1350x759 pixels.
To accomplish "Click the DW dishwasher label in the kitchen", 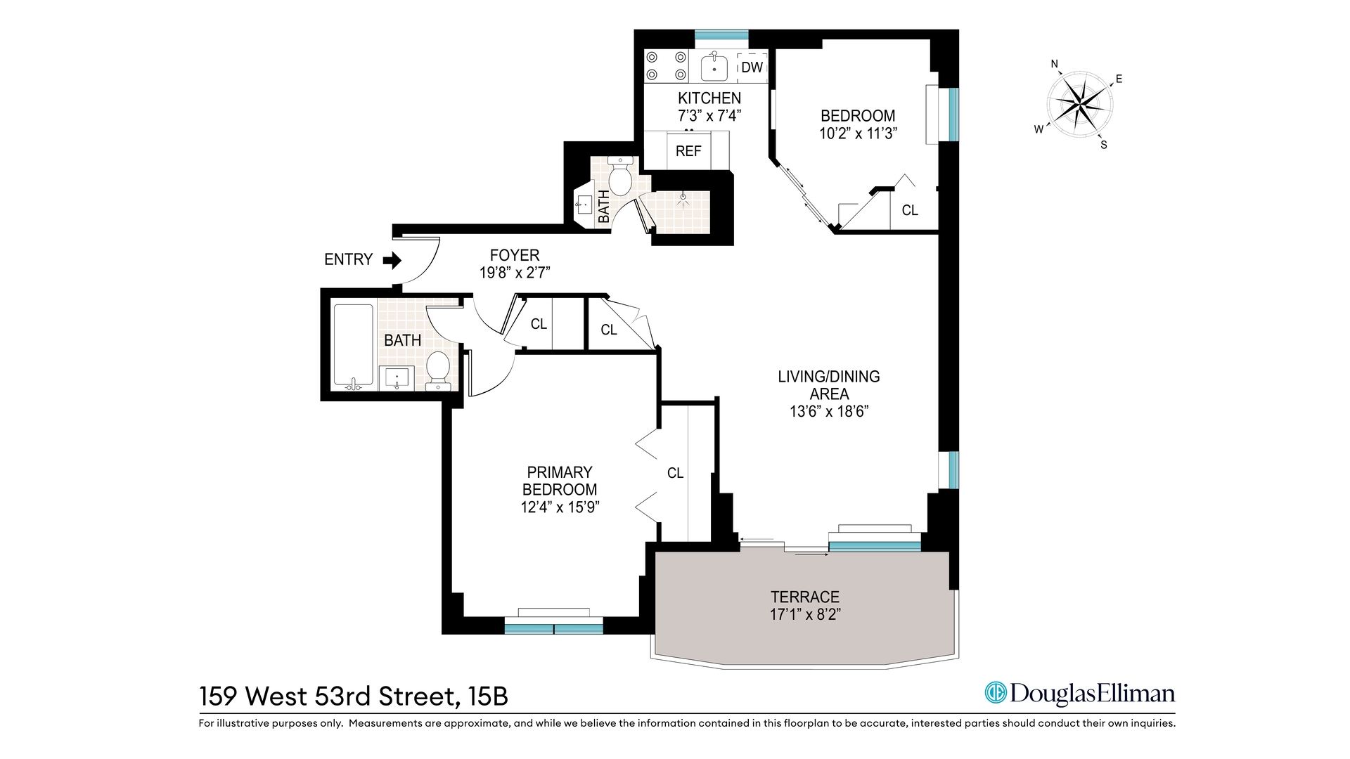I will (x=752, y=67).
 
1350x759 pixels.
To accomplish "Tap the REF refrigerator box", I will (x=688, y=150).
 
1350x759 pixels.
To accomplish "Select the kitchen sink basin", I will (x=714, y=67).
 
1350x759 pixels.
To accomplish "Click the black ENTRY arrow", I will (x=392, y=261).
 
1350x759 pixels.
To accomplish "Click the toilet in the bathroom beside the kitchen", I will (x=620, y=179).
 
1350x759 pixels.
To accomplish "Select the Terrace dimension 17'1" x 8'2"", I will (x=805, y=614).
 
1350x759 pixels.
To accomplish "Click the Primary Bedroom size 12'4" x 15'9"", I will (x=560, y=507).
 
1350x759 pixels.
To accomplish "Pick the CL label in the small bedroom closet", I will (x=909, y=210).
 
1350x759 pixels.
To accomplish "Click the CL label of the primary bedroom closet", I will (x=675, y=473).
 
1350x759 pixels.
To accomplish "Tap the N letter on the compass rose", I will (x=1054, y=64).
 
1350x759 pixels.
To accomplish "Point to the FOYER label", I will (x=515, y=255).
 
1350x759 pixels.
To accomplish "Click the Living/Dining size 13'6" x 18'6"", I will (x=829, y=411).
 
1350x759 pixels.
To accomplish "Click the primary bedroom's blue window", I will (x=553, y=628).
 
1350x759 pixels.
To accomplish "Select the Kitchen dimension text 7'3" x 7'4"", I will (x=709, y=116).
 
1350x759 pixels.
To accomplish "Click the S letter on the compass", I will (x=1103, y=145).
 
